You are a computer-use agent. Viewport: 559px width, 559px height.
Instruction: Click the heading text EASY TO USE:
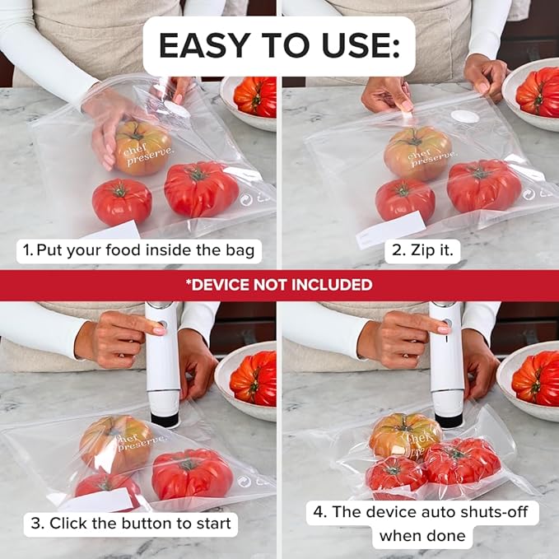pos(279,46)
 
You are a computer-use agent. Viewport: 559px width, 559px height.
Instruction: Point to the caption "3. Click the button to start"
pos(130,523)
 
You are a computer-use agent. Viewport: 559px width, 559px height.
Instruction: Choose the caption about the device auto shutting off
pos(423,524)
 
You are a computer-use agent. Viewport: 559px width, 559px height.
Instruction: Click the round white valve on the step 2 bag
pos(467,116)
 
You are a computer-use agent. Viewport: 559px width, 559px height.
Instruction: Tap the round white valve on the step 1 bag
pos(176,107)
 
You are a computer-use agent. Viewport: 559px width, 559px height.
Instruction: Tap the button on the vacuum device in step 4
pos(447,322)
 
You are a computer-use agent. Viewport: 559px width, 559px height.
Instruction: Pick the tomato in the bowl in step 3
pos(254,378)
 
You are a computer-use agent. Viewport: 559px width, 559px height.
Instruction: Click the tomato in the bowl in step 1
pos(256,96)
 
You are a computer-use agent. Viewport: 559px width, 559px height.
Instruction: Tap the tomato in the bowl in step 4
pos(536,378)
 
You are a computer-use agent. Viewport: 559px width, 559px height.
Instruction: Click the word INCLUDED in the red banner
pos(330,285)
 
